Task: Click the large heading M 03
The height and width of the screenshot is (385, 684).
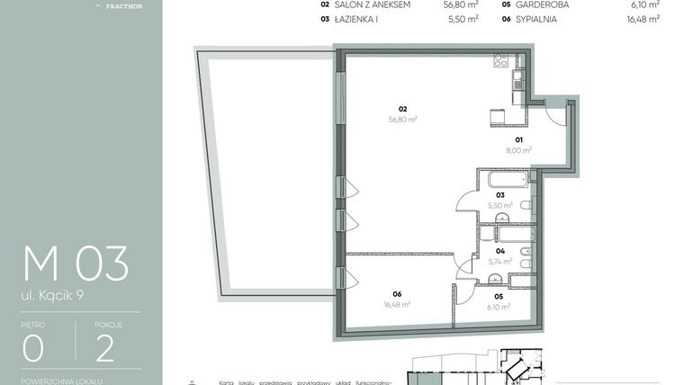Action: click(x=76, y=264)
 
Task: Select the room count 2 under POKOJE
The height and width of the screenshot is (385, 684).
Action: click(x=105, y=347)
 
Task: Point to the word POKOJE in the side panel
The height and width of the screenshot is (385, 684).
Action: click(x=109, y=323)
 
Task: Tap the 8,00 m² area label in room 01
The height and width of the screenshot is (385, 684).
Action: click(x=519, y=151)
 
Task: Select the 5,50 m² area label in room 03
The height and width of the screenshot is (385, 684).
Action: click(x=500, y=205)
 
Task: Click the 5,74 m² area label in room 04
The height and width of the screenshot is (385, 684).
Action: click(x=500, y=262)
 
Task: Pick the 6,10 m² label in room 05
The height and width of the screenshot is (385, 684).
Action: click(x=499, y=307)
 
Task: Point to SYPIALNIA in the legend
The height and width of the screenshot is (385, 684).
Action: click(x=539, y=18)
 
